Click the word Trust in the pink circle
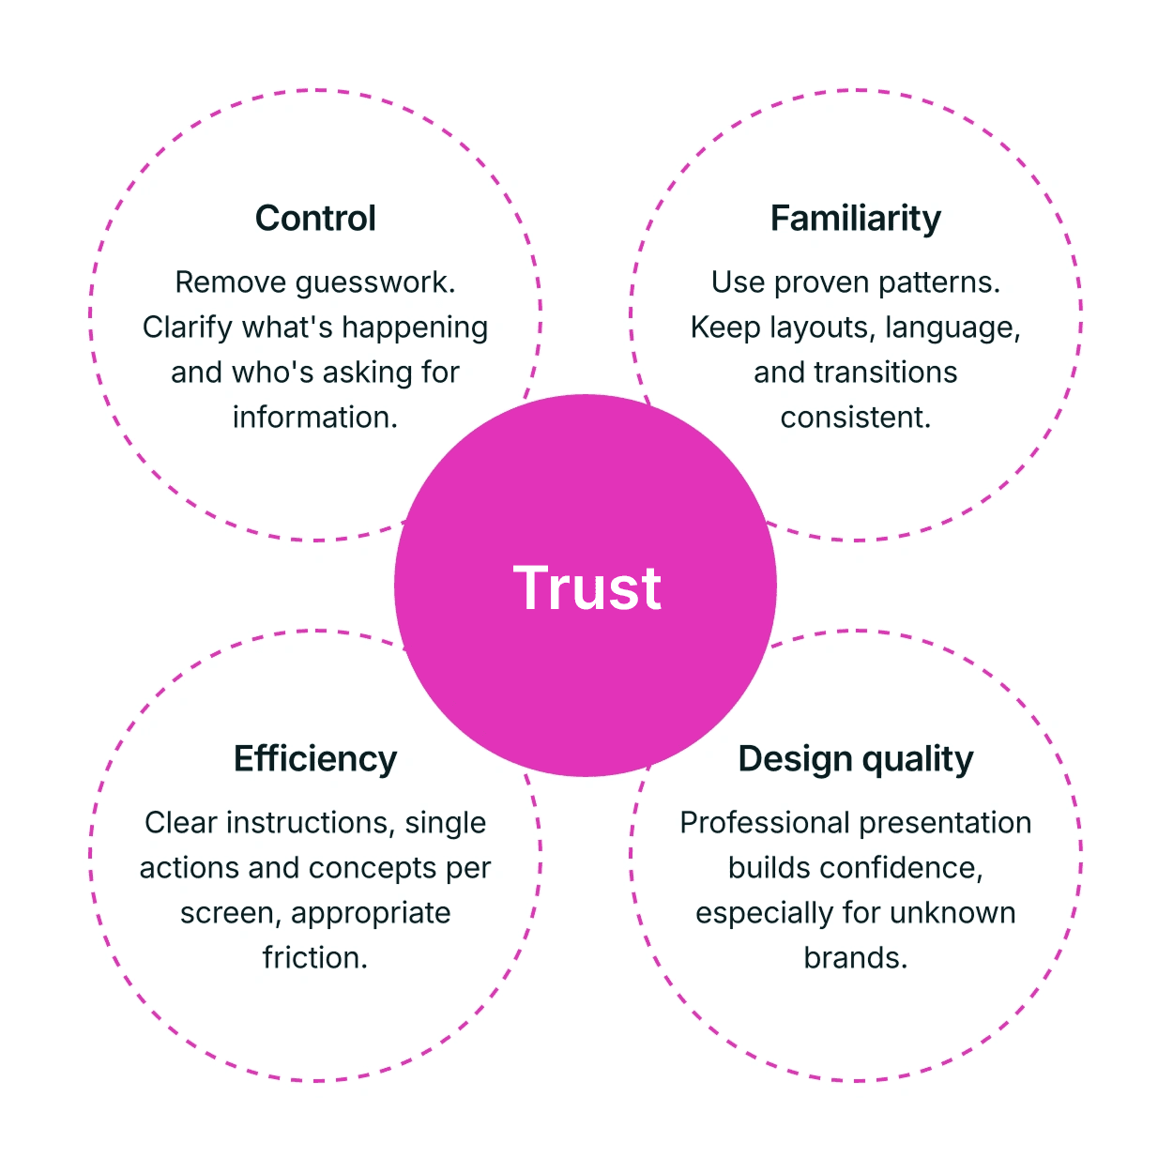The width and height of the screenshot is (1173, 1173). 586,588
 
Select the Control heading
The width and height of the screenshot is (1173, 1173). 315,219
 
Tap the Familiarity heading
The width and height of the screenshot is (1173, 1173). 855,219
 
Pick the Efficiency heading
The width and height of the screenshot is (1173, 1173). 315,759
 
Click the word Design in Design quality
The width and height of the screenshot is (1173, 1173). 795,759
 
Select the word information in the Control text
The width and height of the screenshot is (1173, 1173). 315,417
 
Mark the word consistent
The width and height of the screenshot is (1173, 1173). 855,417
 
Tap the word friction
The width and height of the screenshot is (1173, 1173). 315,957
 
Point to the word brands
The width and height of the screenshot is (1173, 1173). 855,957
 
